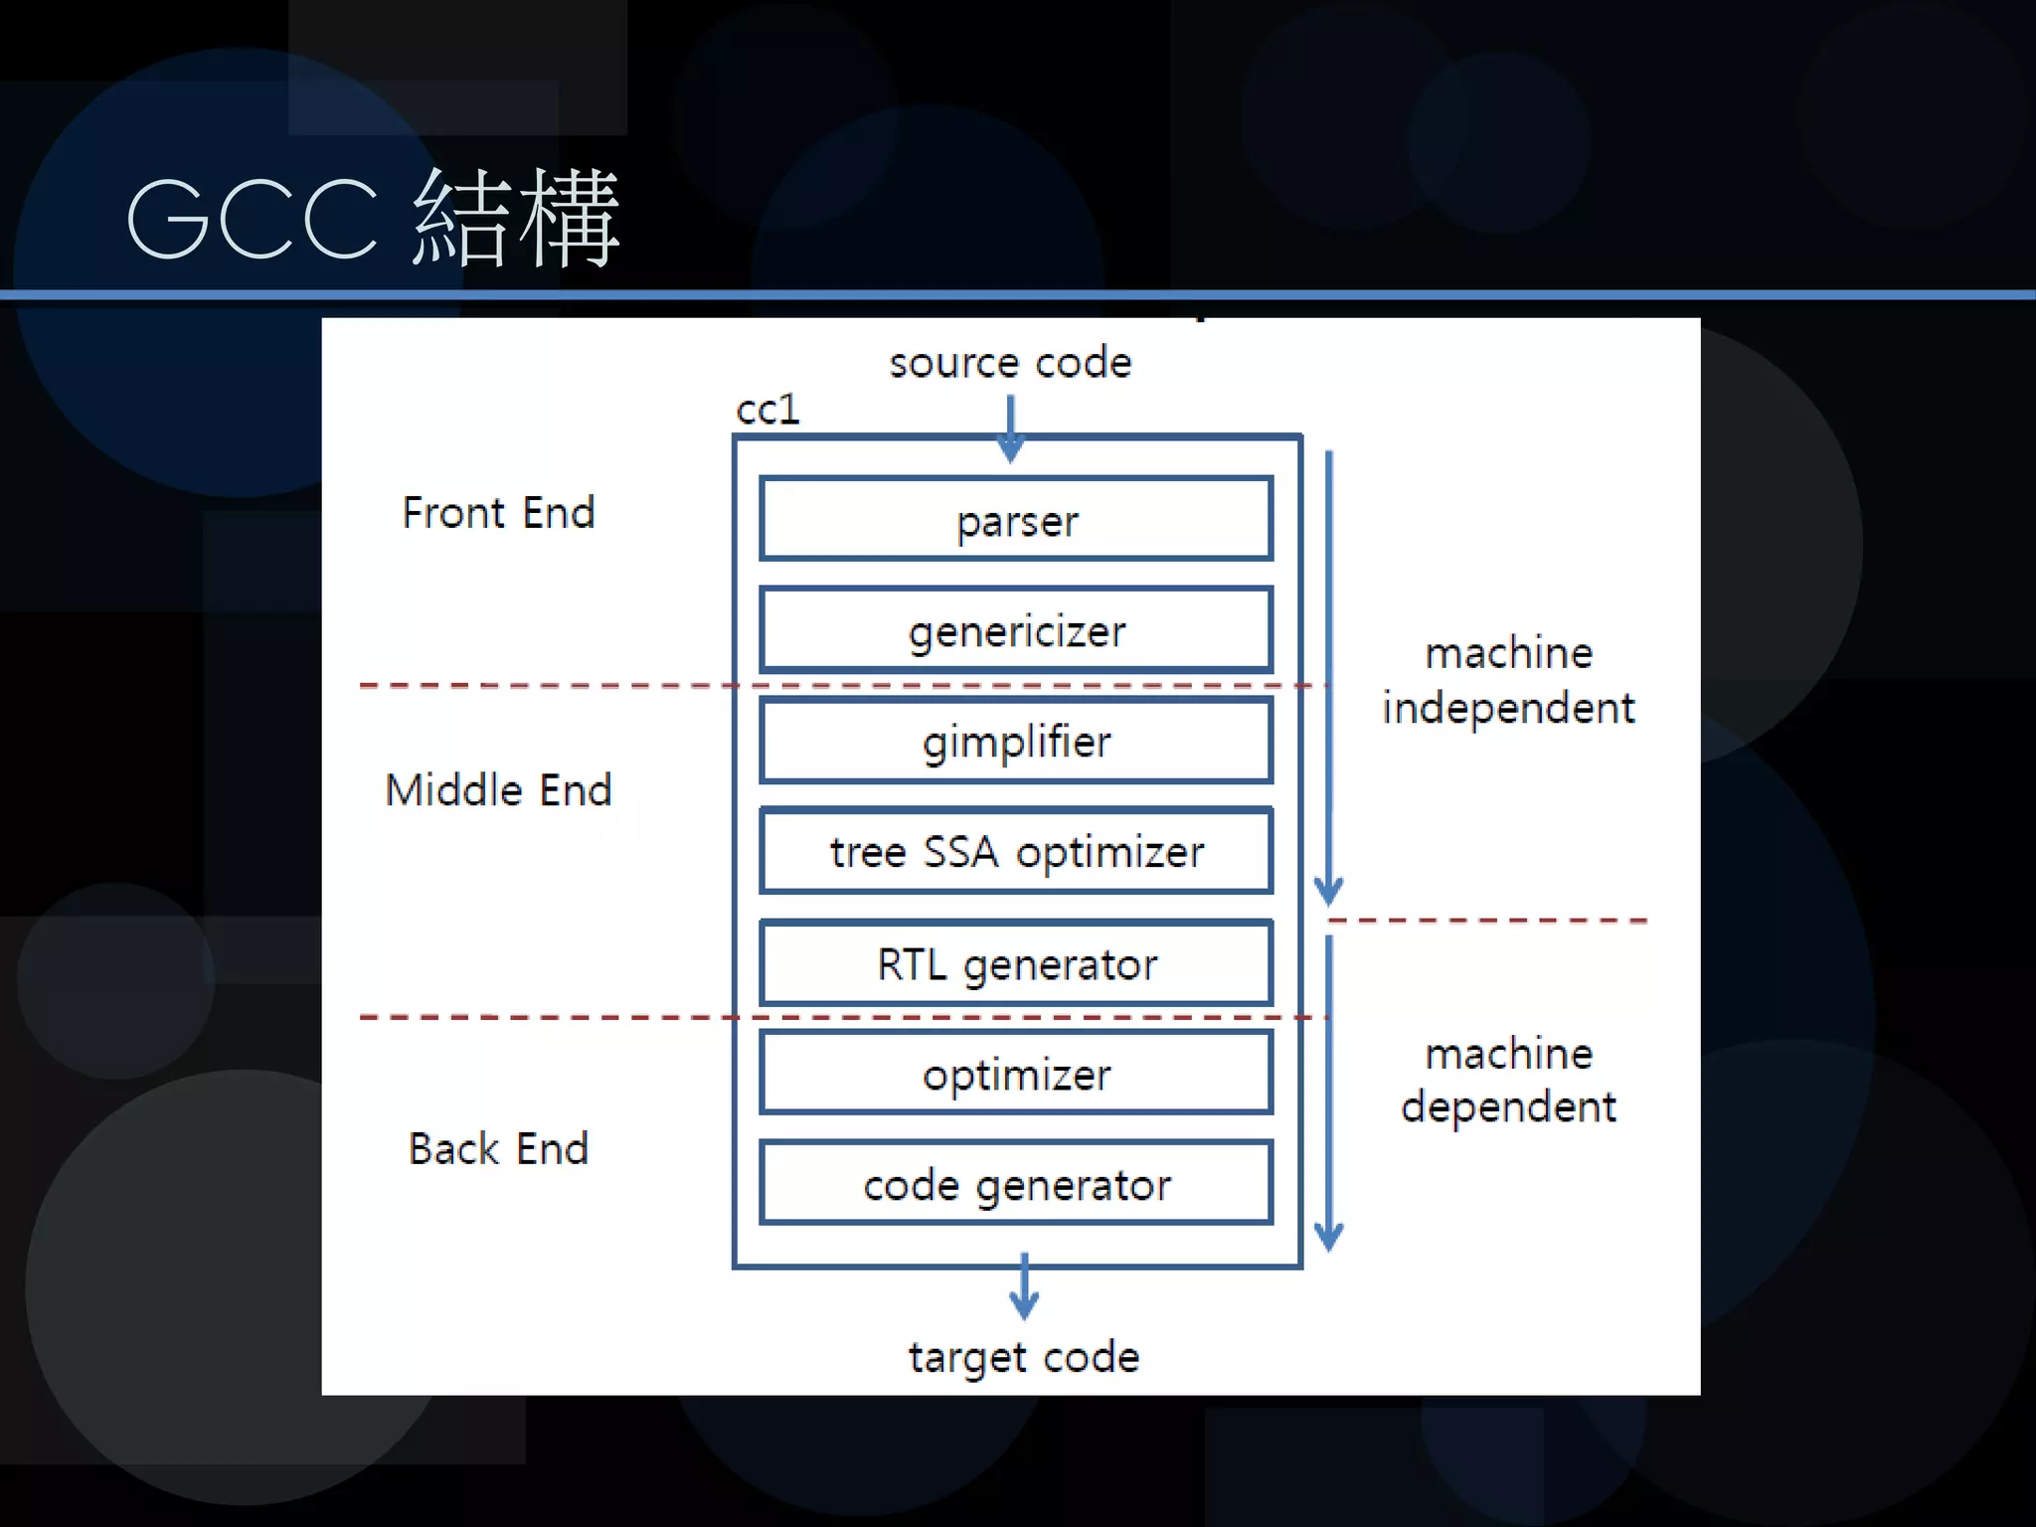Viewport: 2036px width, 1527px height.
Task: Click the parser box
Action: pyautogui.click(x=1016, y=519)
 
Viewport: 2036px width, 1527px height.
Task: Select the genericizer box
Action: pyautogui.click(x=1016, y=630)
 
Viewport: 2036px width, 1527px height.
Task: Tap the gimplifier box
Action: pyautogui.click(x=1016, y=741)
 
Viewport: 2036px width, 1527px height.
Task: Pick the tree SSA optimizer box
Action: pyautogui.click(x=1016, y=851)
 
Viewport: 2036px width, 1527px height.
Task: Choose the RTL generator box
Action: pyautogui.click(x=1016, y=963)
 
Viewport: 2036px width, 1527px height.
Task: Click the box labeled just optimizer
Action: pyautogui.click(x=1016, y=1074)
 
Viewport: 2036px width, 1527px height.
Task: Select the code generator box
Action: pyautogui.click(x=1016, y=1184)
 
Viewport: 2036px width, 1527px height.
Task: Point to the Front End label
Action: pyautogui.click(x=498, y=513)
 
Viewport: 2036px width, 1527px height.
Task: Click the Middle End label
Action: pyautogui.click(x=498, y=790)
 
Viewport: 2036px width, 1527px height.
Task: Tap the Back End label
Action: pyautogui.click(x=498, y=1149)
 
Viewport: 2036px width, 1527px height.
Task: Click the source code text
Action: pyautogui.click(x=1010, y=363)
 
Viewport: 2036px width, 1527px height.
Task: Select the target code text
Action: pyautogui.click(x=1024, y=1358)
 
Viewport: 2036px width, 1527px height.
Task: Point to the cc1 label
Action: pyautogui.click(x=767, y=410)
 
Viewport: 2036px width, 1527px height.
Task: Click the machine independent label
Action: pyautogui.click(x=1508, y=681)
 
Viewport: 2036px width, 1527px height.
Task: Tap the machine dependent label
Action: pyautogui.click(x=1508, y=1081)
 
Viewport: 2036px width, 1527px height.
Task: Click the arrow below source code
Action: pyautogui.click(x=1010, y=429)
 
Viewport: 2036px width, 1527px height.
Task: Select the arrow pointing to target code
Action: pyautogui.click(x=1024, y=1287)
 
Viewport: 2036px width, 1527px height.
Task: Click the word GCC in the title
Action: pyautogui.click(x=253, y=219)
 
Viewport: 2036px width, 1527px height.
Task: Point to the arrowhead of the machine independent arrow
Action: pyautogui.click(x=1329, y=890)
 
